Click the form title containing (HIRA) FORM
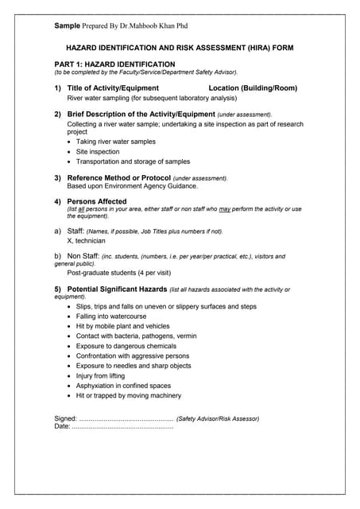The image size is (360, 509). (x=179, y=48)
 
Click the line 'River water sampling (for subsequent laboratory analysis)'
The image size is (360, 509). (x=152, y=98)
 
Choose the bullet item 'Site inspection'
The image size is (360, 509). (x=98, y=151)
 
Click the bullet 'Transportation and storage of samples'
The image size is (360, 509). (x=133, y=161)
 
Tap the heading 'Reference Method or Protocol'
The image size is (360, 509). (x=118, y=177)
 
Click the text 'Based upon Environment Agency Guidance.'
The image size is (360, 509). (x=132, y=186)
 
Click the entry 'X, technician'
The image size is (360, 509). (x=86, y=240)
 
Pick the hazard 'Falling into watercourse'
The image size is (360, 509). (x=117, y=316)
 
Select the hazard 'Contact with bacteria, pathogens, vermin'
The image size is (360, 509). (x=136, y=336)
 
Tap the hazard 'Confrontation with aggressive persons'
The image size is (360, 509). (x=133, y=356)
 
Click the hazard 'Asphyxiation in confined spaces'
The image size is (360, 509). (x=124, y=386)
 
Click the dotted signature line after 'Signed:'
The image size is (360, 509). (x=126, y=418)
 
